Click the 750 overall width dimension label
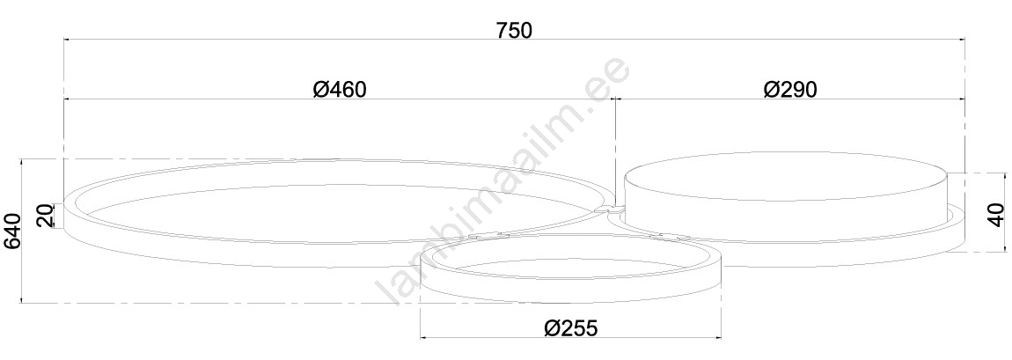515,30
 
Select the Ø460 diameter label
340,89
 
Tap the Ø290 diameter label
790,89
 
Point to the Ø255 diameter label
571,327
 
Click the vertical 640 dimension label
13,231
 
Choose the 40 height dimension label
996,214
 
